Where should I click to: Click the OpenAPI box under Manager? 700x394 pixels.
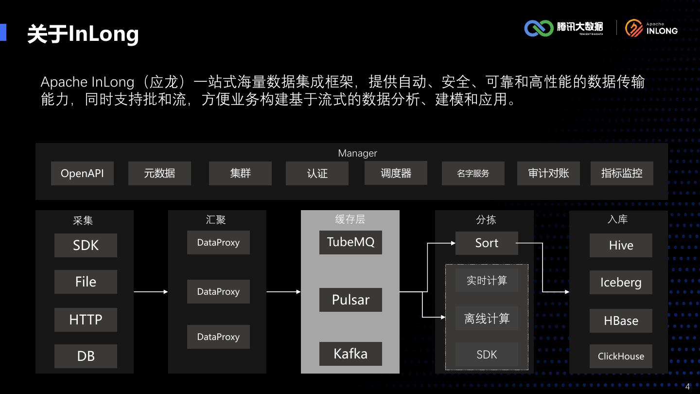(82, 174)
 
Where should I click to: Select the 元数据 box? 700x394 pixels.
(159, 174)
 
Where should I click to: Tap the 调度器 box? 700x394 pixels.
(396, 173)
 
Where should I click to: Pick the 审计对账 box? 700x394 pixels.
(548, 174)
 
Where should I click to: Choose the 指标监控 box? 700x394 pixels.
(621, 174)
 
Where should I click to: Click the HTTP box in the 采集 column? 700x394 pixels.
(86, 320)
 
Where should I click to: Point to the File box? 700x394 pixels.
(86, 282)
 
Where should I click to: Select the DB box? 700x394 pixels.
(86, 356)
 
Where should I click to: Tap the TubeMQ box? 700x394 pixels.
(350, 242)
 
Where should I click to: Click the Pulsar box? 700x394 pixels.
(350, 300)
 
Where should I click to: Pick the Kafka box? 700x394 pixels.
(350, 354)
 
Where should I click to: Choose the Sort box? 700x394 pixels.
(487, 243)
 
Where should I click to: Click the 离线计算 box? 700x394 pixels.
(487, 319)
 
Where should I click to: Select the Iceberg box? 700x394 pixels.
(621, 283)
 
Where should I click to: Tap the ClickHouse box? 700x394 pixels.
(621, 357)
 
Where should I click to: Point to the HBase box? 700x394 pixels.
(621, 321)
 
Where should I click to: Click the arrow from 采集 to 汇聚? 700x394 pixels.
(151, 292)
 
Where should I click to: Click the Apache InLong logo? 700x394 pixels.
(651, 28)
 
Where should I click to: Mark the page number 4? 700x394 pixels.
(688, 387)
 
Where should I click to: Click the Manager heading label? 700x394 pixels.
(357, 153)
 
